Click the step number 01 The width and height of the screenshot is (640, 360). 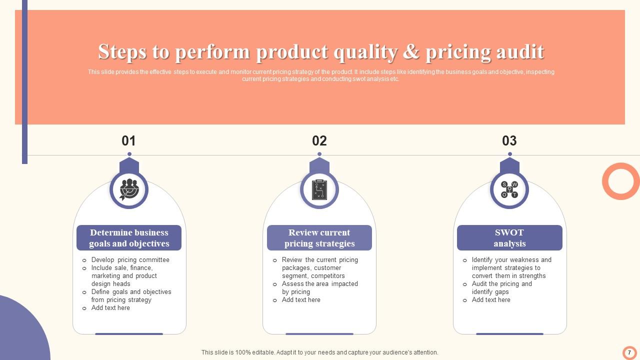(x=128, y=141)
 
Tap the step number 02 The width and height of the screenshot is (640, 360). (x=319, y=141)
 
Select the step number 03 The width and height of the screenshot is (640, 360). (x=509, y=141)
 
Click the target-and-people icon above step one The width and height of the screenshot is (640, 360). (x=129, y=189)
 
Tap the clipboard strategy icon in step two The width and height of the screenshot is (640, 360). (x=319, y=189)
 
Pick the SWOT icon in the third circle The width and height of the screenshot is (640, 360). (x=509, y=189)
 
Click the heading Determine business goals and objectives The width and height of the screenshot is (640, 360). (x=129, y=238)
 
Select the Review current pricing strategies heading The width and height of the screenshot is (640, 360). (x=319, y=238)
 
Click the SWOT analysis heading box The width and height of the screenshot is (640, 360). (x=509, y=238)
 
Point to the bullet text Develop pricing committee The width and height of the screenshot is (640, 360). (x=130, y=260)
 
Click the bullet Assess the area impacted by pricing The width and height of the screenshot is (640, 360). (x=319, y=288)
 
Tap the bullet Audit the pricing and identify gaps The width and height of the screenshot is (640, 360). (x=501, y=288)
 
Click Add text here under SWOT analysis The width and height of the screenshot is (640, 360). (x=491, y=300)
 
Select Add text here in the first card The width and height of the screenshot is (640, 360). (x=110, y=308)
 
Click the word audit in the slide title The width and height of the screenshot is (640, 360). (x=520, y=51)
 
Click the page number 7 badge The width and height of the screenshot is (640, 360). (x=629, y=352)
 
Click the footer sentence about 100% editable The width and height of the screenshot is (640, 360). (x=319, y=352)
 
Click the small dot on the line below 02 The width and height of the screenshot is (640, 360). (x=319, y=154)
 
